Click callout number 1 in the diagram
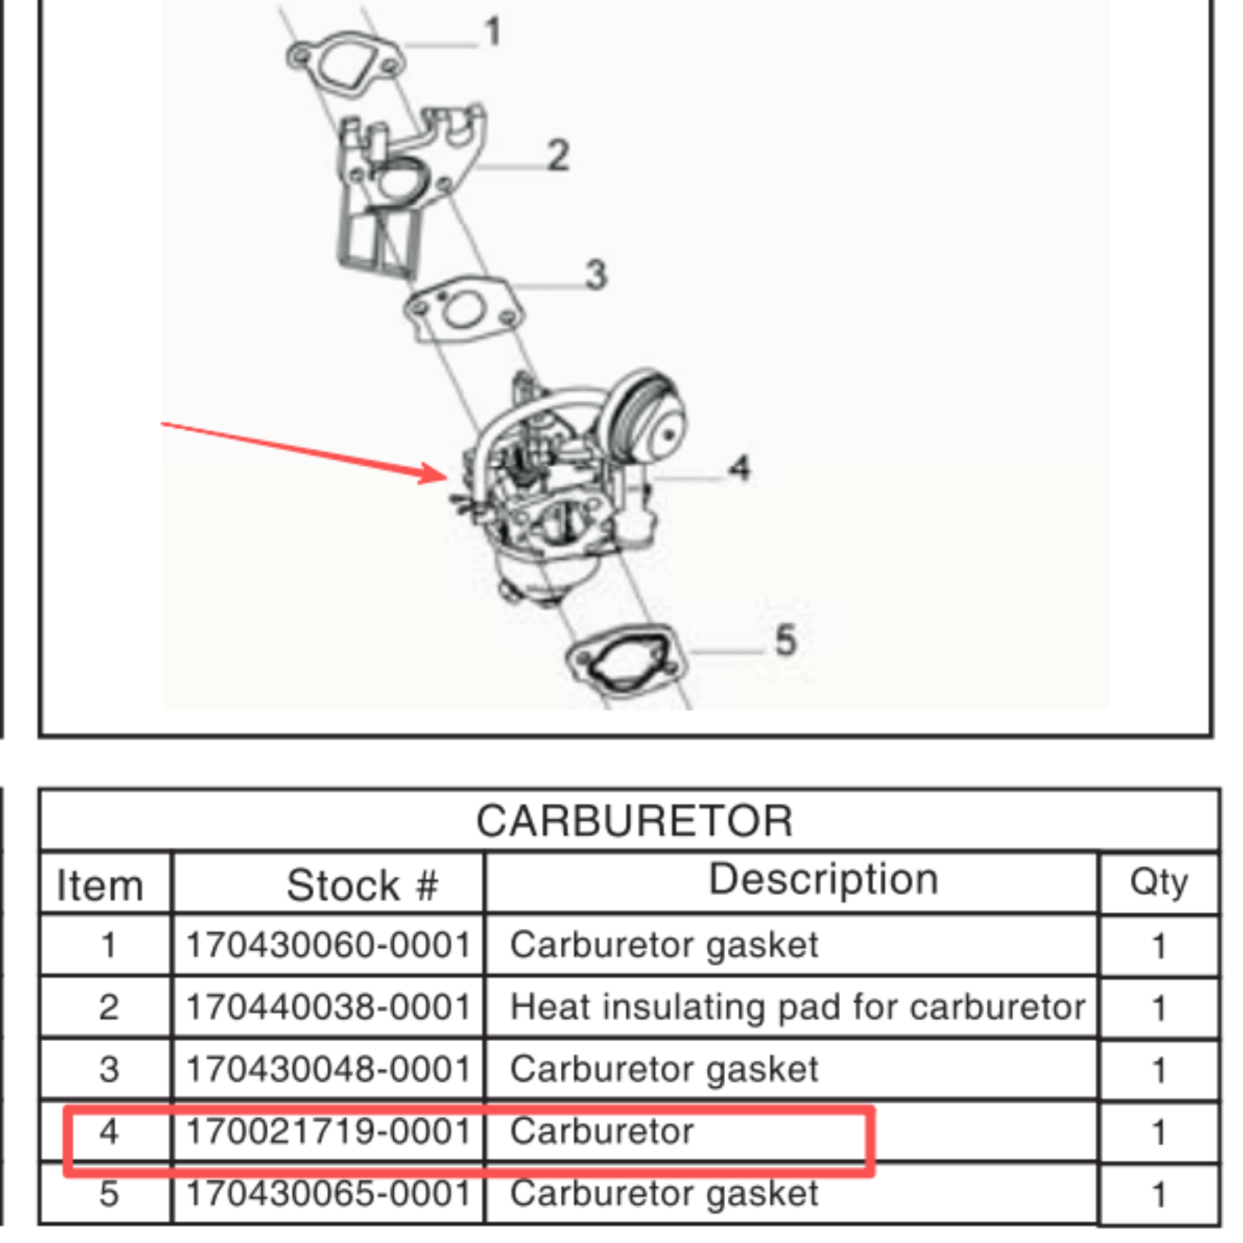493,33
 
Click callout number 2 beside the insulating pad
558,155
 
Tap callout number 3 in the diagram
596,274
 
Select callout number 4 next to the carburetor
739,468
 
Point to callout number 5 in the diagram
785,641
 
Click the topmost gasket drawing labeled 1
344,64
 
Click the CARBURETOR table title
634,821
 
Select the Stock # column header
362,886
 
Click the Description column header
823,879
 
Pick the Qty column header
1158,883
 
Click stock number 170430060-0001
329,945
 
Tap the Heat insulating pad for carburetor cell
797,1008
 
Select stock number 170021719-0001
329,1132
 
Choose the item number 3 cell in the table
109,1070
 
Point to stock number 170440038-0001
329,1008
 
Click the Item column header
100,886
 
